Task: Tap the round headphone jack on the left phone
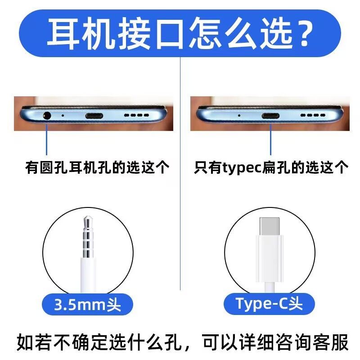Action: tap(46, 115)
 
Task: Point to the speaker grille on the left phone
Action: tap(136, 116)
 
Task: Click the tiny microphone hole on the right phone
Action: tap(238, 115)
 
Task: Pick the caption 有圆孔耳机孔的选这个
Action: tap(97, 168)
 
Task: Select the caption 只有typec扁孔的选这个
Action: tap(271, 168)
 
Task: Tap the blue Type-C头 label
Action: tap(269, 304)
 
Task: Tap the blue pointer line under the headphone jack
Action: tap(46, 139)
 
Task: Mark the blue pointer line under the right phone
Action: tap(270, 139)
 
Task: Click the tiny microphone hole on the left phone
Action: tap(62, 115)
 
